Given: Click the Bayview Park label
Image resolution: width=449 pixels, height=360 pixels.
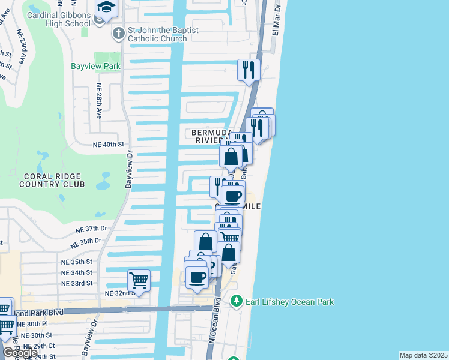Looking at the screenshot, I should click(95, 66).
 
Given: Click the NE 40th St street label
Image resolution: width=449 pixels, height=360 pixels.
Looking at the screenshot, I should click(108, 145).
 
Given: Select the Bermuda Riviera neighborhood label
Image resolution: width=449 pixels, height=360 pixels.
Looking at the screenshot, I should click(211, 136).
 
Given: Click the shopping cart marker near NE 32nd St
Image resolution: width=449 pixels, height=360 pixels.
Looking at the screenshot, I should click(139, 280).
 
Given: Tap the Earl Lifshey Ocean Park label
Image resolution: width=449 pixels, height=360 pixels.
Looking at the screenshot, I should click(289, 302).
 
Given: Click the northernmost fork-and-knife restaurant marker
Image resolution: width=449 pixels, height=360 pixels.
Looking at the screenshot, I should click(247, 70).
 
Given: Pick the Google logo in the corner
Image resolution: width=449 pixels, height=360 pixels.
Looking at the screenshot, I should click(19, 353).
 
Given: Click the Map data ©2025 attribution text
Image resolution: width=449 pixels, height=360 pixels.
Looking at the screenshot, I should click(423, 355).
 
